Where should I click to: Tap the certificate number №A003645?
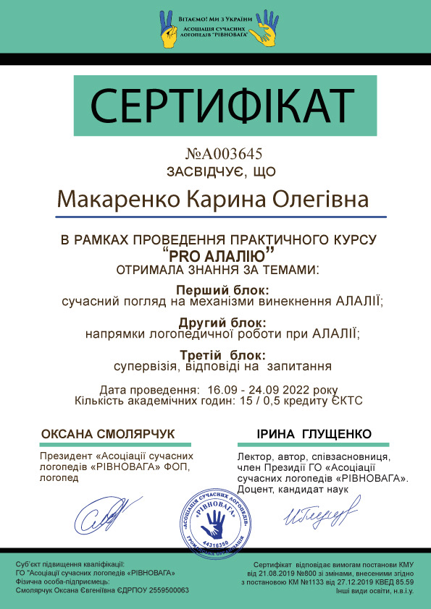pos(223,154)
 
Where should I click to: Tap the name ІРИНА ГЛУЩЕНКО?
pos(314,434)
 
